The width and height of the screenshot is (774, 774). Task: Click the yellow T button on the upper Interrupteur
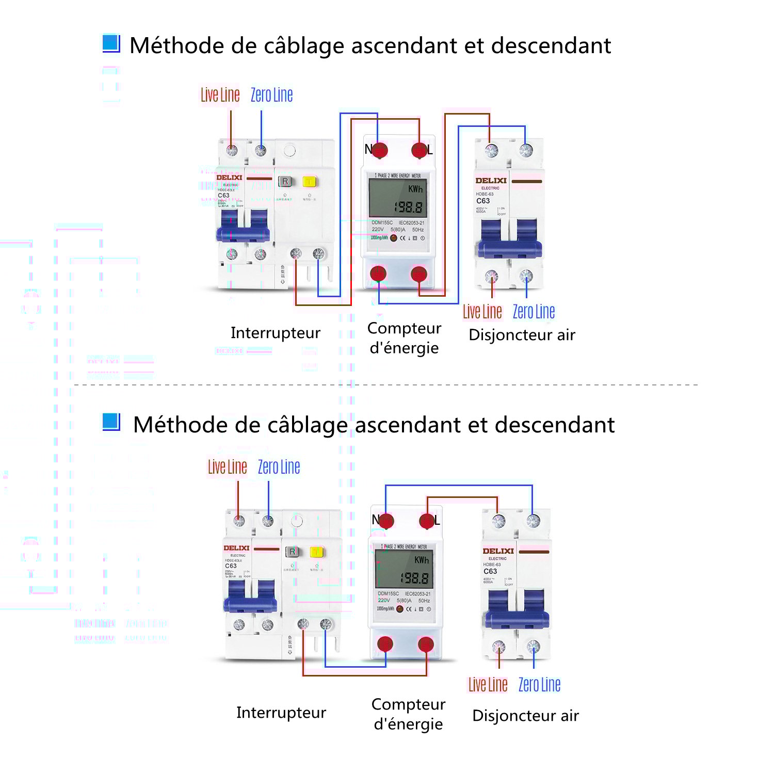pos(309,182)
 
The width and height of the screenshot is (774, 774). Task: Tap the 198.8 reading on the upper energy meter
pos(408,207)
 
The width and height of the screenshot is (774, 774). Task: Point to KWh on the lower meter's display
pos(422,560)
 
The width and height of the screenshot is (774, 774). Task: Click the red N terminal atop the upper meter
pos(380,150)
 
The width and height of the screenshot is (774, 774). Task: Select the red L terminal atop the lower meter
pos(427,521)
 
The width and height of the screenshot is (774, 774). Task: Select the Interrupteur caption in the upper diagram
pos(275,333)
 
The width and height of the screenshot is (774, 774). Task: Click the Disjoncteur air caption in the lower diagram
pos(525,716)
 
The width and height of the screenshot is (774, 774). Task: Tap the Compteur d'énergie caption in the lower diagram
pos(408,714)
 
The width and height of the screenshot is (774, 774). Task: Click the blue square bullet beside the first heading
pos(111,43)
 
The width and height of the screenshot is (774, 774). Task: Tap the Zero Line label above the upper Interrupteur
pos(271,95)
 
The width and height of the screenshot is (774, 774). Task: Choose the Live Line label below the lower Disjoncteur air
pos(488,685)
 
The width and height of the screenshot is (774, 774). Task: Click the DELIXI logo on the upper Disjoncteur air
pos(491,181)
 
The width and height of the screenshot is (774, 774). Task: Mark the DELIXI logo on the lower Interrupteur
pos(236,548)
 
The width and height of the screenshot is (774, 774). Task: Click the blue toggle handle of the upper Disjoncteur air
pos(510,239)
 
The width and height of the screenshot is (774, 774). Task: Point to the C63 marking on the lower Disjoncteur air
pos(490,571)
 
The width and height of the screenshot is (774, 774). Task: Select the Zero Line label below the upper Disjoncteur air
pos(534,312)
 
